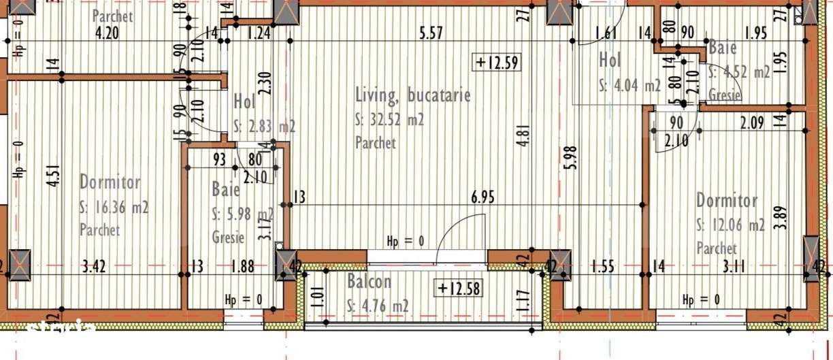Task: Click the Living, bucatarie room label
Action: (413, 95)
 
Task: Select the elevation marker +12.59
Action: (497, 63)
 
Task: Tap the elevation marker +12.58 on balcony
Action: (459, 289)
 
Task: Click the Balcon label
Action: (369, 282)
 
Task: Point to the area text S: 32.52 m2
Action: (390, 120)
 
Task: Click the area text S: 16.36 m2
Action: (114, 208)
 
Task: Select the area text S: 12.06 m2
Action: (730, 225)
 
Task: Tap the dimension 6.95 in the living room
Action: (483, 197)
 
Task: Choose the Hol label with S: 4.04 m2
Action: (610, 61)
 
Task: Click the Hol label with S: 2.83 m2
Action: (244, 102)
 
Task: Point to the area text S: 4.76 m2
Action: (378, 305)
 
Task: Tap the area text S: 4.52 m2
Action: (739, 72)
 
